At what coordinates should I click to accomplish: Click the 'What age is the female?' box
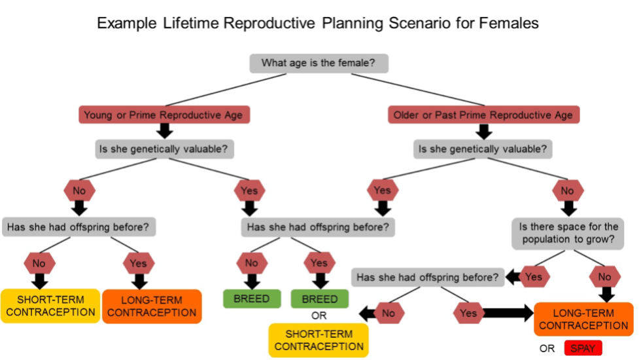point(319,63)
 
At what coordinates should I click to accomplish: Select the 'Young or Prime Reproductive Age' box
point(164,115)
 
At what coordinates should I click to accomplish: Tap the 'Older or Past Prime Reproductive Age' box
point(483,115)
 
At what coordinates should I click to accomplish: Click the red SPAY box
point(583,348)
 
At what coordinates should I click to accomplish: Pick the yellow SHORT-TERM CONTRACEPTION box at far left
point(50,306)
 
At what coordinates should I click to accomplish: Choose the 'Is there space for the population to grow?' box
point(568,233)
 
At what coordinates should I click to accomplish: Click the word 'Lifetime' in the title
point(189,24)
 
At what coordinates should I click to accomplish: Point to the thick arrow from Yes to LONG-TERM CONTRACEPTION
point(508,313)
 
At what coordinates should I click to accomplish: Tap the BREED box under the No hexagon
point(252,299)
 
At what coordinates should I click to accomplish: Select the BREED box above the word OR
point(319,299)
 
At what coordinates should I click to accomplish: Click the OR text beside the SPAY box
point(547,349)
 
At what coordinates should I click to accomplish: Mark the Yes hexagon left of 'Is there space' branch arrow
point(534,278)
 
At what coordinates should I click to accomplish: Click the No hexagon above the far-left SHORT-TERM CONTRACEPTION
point(39,263)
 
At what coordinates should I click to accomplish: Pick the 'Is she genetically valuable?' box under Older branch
point(483,149)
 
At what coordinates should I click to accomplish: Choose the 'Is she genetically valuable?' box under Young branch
point(164,149)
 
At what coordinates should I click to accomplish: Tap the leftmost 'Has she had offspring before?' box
point(78,227)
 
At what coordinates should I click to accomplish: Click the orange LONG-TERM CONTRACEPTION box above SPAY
point(583,319)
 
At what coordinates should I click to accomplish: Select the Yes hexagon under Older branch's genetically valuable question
point(382,190)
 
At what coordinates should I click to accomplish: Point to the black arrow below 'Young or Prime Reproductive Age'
point(165,131)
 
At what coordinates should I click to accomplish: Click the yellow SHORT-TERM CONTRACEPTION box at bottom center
point(319,340)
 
